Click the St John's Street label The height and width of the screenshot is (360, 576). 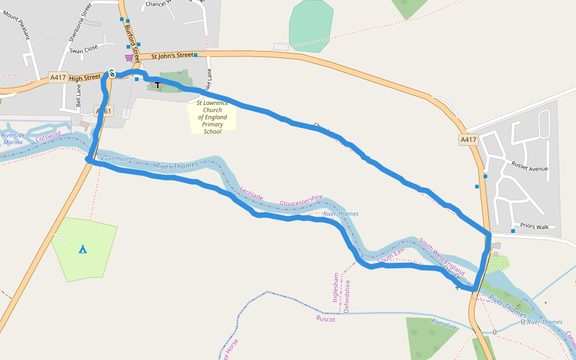172,56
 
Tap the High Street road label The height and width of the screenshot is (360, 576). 85,77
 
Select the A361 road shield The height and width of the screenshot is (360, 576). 104,112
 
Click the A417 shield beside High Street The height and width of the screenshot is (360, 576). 58,77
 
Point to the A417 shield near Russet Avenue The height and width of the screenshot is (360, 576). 469,140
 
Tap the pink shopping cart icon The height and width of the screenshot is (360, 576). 129,58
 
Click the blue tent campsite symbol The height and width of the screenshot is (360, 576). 83,248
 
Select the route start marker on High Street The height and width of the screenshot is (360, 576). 112,74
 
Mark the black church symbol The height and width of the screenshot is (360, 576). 158,85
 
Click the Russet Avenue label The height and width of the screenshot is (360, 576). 530,166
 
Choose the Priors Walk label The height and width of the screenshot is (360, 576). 535,227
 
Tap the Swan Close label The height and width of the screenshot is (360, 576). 84,50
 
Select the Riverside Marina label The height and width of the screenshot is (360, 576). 13,139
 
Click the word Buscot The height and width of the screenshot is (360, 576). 326,319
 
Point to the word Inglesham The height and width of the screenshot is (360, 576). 336,288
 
